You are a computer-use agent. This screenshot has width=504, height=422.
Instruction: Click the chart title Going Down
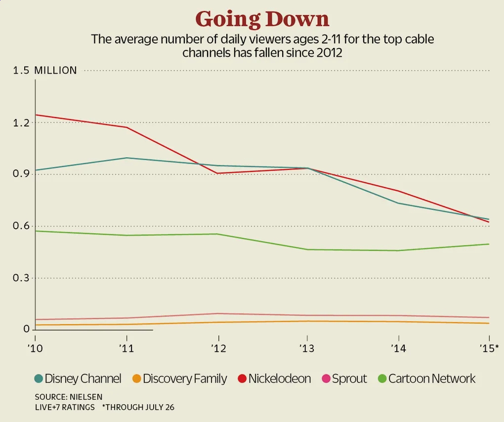(x=262, y=19)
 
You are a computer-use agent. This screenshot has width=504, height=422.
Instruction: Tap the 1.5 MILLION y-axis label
(x=45, y=71)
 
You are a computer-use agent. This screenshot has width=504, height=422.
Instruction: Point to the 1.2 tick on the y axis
(x=22, y=123)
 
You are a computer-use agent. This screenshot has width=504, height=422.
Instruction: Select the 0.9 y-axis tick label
(x=22, y=174)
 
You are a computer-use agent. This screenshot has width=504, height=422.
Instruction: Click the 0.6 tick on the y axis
(x=22, y=226)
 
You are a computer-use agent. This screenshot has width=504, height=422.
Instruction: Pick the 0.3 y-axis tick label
(x=22, y=278)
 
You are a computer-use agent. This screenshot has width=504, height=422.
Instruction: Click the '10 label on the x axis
(x=36, y=349)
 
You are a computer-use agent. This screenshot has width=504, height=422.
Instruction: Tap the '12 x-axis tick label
(x=218, y=349)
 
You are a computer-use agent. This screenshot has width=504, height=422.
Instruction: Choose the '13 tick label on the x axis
(x=307, y=349)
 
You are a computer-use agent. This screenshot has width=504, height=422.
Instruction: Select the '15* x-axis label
(x=489, y=349)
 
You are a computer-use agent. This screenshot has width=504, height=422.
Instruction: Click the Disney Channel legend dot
(x=38, y=379)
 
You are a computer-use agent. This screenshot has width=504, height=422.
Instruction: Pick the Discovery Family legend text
(x=184, y=379)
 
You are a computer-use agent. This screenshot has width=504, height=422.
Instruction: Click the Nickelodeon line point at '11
(x=127, y=127)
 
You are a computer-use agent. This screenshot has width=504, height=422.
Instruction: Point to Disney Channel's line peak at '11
(x=127, y=158)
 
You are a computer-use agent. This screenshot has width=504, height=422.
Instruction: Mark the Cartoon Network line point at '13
(x=307, y=250)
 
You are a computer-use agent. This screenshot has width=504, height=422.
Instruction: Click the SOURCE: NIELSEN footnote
(x=69, y=397)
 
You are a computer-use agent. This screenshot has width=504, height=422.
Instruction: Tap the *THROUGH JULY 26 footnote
(x=138, y=408)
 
